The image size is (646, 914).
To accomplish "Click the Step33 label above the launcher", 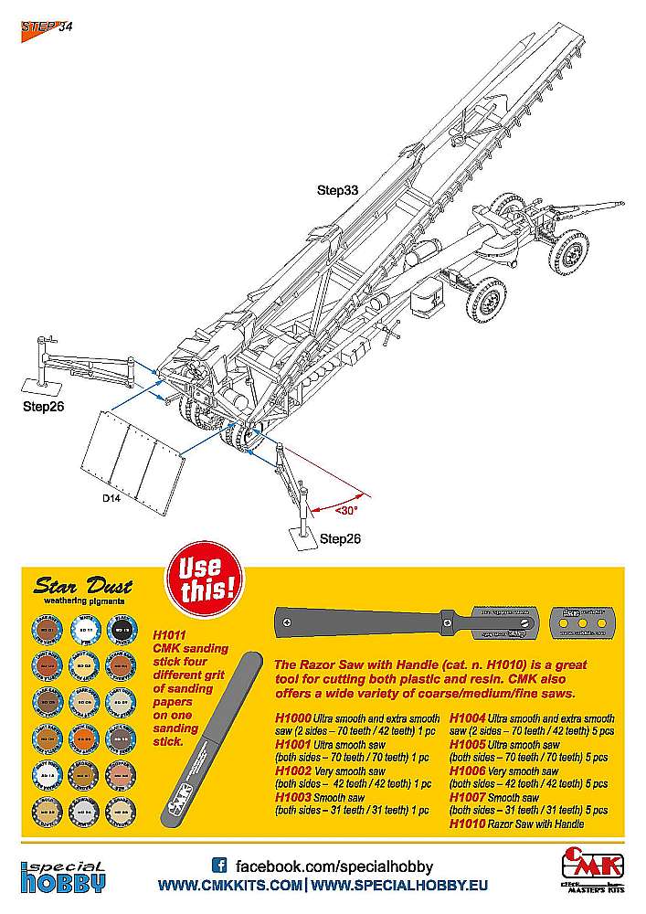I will (x=337, y=190).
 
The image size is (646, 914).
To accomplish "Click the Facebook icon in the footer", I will (x=218, y=865).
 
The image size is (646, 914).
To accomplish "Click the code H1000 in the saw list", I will (x=291, y=717).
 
